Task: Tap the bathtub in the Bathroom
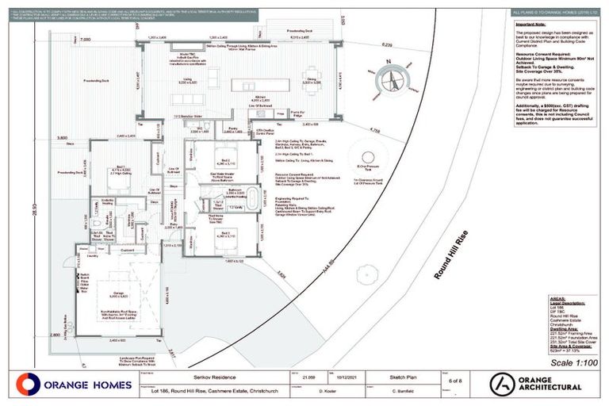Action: [x=251, y=198]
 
